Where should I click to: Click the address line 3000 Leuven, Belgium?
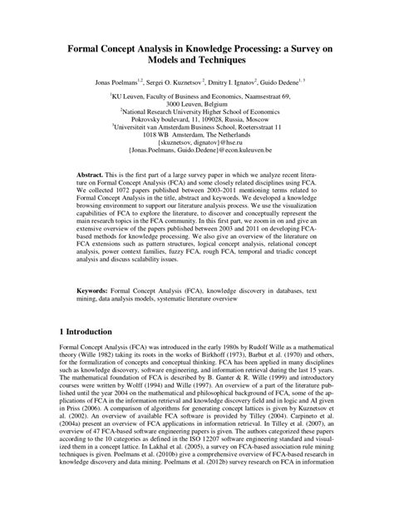pos(196,104)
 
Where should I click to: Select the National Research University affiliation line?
pos(196,112)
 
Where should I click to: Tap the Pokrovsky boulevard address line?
pos(196,121)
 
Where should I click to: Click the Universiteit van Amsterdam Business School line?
pos(196,129)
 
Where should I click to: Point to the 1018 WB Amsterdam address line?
pos(196,137)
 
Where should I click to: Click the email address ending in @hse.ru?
pos(196,146)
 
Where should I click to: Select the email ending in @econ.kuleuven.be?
pos(196,154)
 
